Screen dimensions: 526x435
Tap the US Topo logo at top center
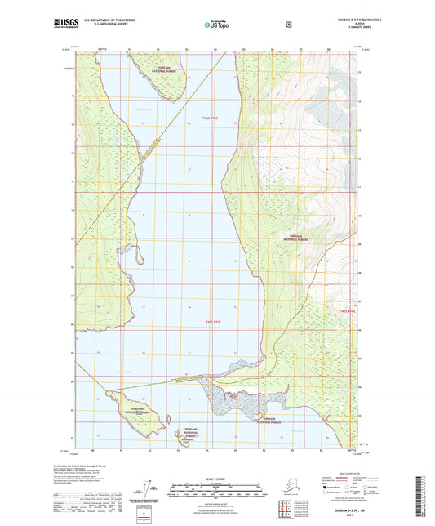click(x=216, y=25)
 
